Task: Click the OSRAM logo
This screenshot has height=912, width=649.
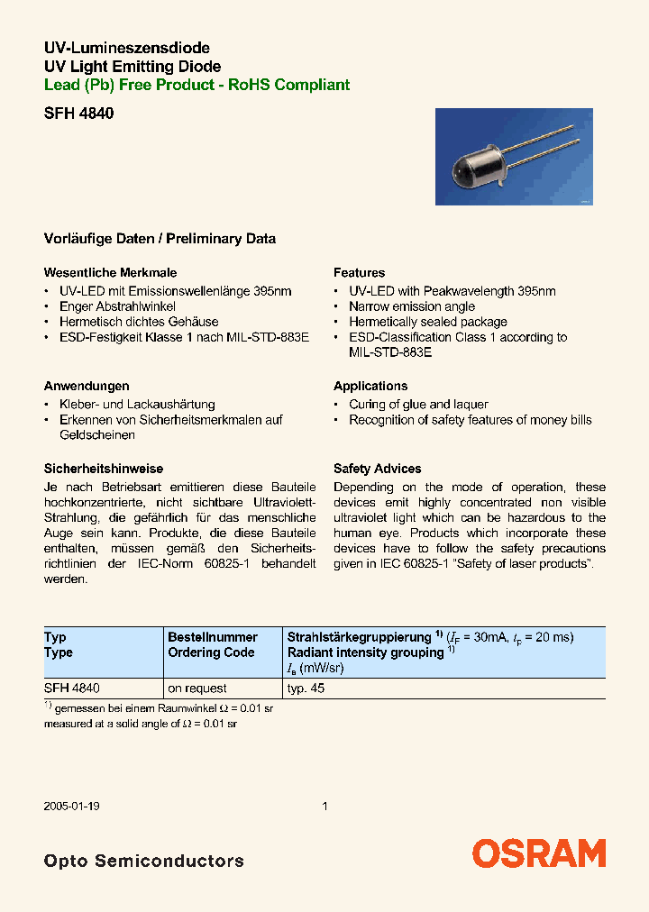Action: (539, 853)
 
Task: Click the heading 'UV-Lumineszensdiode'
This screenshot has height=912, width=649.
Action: (127, 48)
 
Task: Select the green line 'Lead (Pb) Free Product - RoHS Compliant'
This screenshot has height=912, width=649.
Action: (197, 85)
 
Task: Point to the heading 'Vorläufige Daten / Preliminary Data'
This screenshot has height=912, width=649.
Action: (160, 239)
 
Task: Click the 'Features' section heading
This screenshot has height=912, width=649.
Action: (359, 272)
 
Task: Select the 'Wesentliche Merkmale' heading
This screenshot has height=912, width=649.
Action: (110, 272)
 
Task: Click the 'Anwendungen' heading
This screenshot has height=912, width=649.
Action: (87, 386)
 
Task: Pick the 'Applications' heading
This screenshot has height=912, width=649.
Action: (370, 386)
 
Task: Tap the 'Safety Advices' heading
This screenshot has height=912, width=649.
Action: (377, 469)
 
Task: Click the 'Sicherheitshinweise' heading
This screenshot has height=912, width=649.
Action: (104, 469)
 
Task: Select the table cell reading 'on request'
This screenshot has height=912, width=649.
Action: (197, 688)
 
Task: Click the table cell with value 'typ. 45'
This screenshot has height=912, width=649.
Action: (306, 688)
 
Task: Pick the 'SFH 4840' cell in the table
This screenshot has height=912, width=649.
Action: (71, 688)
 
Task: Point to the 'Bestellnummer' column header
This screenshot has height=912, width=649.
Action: (213, 637)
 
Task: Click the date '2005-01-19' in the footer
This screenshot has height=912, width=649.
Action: (71, 807)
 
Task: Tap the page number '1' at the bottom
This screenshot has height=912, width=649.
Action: (324, 807)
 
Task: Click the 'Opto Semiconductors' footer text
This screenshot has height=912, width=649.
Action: (143, 861)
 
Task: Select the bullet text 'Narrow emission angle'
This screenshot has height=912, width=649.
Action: (412, 306)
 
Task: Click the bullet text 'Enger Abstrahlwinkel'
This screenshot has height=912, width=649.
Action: (117, 306)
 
